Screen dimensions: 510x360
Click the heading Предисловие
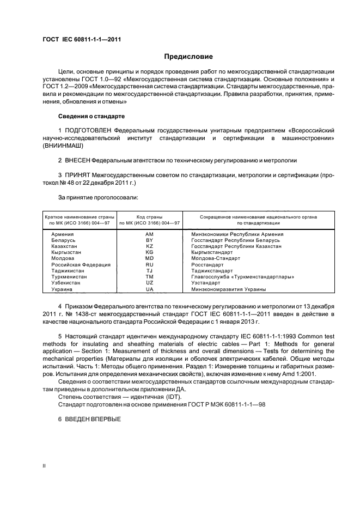click(x=189, y=56)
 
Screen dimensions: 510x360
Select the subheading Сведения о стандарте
click(x=91, y=117)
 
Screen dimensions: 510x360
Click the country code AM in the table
click(x=149, y=234)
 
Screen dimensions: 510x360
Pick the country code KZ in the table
click(x=149, y=246)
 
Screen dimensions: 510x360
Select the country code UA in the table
click(x=149, y=289)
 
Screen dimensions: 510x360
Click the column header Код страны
click(x=149, y=217)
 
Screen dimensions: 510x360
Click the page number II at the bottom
click(x=45, y=466)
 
